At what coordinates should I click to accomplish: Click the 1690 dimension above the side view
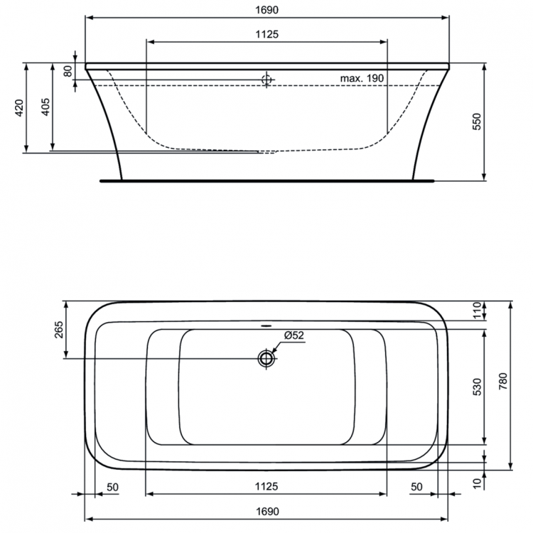click(266, 11)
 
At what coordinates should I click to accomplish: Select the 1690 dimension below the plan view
click(266, 511)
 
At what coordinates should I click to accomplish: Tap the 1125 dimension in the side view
click(266, 33)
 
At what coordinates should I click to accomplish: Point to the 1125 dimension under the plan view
click(266, 486)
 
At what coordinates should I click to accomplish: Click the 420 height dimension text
click(20, 107)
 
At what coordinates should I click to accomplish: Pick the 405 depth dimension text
click(45, 107)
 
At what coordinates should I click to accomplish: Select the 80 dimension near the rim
click(68, 71)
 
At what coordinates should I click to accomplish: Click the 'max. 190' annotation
click(362, 77)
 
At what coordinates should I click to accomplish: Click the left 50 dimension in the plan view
click(112, 486)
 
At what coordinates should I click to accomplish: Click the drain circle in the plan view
click(266, 358)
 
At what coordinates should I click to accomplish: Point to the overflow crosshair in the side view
click(266, 80)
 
